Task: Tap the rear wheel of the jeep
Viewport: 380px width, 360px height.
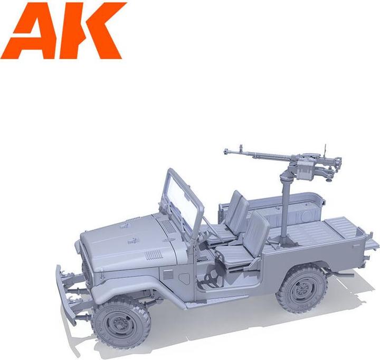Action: click(x=301, y=288)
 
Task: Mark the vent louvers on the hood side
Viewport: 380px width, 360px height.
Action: click(x=154, y=254)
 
